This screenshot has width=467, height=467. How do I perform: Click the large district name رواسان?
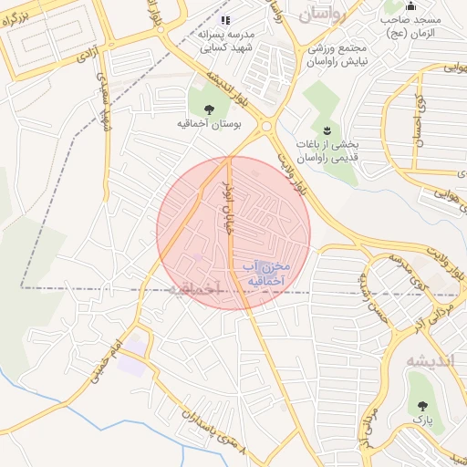coord(326,12)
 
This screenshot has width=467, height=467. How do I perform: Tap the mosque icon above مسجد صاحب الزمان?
coord(410,5)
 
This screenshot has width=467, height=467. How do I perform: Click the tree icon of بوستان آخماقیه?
coord(209,109)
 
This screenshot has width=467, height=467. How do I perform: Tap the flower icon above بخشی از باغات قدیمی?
coord(327,130)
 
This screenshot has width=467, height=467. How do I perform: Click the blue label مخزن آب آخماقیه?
coord(266,275)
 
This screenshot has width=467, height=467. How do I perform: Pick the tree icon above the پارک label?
coord(421,404)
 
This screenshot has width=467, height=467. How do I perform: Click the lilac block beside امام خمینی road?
coord(132,363)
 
